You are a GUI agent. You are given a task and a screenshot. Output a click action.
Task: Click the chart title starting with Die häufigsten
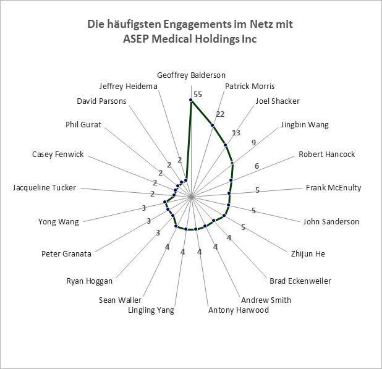click(190, 31)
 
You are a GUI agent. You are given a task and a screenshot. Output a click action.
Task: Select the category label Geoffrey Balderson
click(191, 75)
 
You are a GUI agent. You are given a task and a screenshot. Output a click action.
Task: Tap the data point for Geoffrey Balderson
click(191, 100)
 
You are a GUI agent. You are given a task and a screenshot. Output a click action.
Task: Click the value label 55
click(198, 95)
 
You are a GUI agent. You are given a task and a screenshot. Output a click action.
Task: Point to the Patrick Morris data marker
click(213, 125)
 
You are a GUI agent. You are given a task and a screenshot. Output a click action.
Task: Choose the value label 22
click(220, 114)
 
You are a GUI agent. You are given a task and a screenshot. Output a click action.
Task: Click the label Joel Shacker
click(278, 101)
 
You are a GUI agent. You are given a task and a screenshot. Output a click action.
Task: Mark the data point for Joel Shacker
click(226, 145)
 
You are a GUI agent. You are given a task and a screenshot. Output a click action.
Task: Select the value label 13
click(236, 132)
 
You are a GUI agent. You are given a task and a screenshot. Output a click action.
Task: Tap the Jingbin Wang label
click(305, 125)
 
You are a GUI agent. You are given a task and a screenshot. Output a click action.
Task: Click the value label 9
click(253, 143)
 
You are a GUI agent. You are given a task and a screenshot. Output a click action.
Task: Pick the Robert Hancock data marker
click(231, 180)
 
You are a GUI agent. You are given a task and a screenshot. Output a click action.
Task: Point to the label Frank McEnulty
click(334, 188)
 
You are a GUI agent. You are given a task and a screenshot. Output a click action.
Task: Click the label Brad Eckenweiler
click(300, 281)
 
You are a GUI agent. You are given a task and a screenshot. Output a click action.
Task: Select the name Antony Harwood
click(239, 310)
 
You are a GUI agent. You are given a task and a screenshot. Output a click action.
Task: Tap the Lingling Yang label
click(151, 310)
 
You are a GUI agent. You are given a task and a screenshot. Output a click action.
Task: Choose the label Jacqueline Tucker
click(45, 188)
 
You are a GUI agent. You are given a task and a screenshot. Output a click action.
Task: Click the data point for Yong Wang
click(165, 202)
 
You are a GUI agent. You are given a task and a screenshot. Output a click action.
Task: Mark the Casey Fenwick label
click(57, 155)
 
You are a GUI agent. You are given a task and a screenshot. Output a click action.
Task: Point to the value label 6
click(257, 166)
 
